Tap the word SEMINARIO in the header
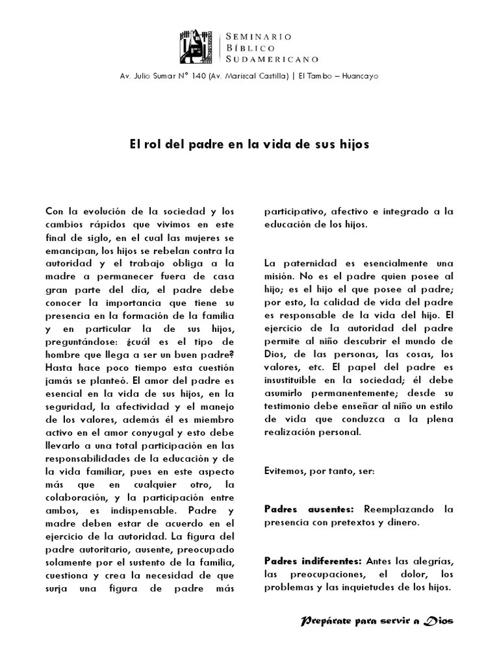(x=259, y=35)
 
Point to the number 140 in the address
(x=197, y=76)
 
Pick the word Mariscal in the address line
(x=242, y=76)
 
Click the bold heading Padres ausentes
(x=309, y=508)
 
